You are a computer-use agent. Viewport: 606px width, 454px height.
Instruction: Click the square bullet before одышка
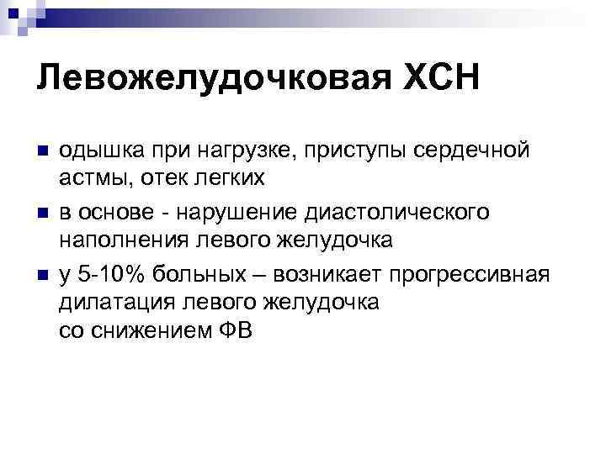pyautogui.click(x=42, y=153)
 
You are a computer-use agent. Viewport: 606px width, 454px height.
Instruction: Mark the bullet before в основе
pyautogui.click(x=42, y=214)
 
